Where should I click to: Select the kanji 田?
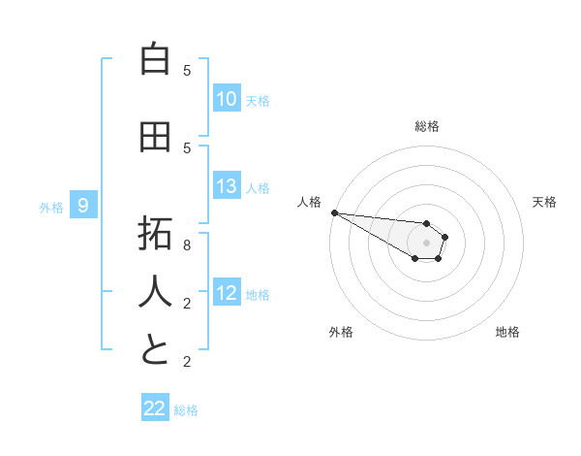tap(155, 138)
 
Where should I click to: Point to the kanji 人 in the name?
tap(155, 291)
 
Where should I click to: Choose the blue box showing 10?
tap(227, 99)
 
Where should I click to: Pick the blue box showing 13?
tap(227, 187)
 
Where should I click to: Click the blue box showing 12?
tap(227, 294)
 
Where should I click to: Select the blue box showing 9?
tap(83, 206)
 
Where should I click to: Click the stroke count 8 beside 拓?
tap(187, 245)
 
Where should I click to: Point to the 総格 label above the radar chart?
tap(427, 126)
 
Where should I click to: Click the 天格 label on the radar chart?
tap(545, 202)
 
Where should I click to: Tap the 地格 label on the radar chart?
tap(507, 332)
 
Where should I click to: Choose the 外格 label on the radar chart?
tap(341, 332)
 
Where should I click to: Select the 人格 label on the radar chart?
tap(309, 202)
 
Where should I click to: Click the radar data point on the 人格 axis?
tap(333, 212)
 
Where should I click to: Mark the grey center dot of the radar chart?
tap(426, 243)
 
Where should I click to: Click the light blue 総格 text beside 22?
tap(187, 410)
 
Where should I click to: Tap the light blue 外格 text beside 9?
tap(51, 207)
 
